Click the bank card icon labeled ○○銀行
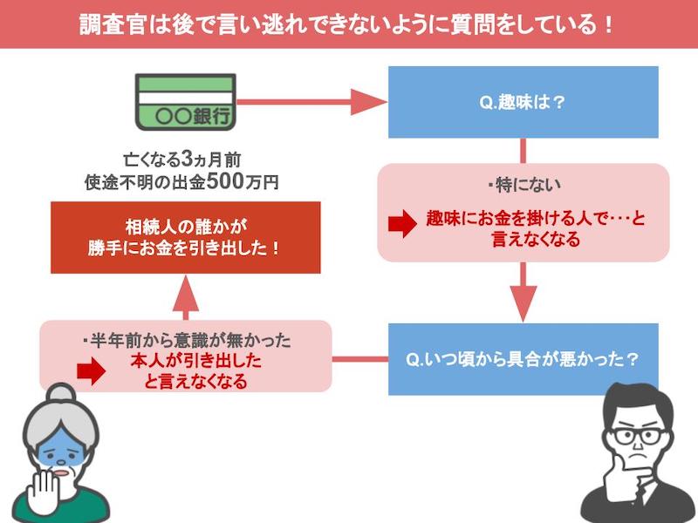(x=185, y=102)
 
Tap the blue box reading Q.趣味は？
(x=523, y=102)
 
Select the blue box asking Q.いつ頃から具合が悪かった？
(x=523, y=359)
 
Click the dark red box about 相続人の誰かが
(x=185, y=237)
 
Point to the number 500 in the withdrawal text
(x=225, y=181)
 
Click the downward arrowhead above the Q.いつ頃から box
(x=523, y=303)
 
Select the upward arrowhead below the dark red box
(x=185, y=293)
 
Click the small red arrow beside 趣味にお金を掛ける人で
(x=402, y=224)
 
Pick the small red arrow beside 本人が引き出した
(x=92, y=371)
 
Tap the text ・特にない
(x=523, y=185)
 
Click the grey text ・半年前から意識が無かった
(x=186, y=341)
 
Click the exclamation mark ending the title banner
(x=608, y=24)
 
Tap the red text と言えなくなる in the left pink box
(x=195, y=381)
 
